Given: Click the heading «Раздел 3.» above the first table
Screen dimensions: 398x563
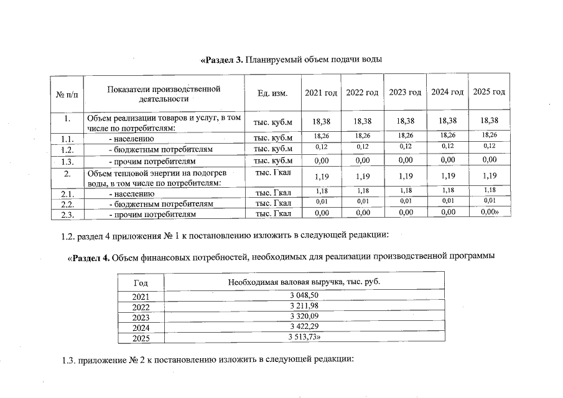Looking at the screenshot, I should pyautogui.click(x=222, y=60).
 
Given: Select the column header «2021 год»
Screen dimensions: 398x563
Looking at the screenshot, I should pyautogui.click(x=321, y=93).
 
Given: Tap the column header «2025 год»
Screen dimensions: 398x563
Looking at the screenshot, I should pyautogui.click(x=489, y=92).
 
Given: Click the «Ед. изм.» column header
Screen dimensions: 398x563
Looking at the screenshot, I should pyautogui.click(x=272, y=93).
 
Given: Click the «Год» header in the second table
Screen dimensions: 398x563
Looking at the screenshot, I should pyautogui.click(x=141, y=282).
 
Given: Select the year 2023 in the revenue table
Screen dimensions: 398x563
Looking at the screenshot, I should pyautogui.click(x=141, y=317).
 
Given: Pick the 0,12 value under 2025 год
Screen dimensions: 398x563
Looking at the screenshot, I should pyautogui.click(x=489, y=146).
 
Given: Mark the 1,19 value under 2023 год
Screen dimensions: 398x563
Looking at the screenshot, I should pyautogui.click(x=405, y=176).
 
